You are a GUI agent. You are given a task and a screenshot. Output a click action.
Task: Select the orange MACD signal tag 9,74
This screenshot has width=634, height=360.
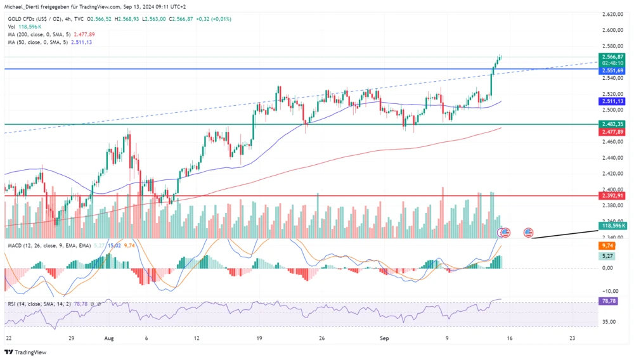[x=607, y=245]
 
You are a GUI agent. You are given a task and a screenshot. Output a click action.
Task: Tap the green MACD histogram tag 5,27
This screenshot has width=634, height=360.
[x=607, y=255]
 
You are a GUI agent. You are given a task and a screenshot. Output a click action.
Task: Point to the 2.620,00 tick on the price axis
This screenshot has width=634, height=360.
[x=613, y=13]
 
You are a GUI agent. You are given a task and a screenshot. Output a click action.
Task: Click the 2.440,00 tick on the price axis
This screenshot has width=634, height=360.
[x=613, y=157]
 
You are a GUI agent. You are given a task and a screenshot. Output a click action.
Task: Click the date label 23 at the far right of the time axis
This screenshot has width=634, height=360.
[x=573, y=339]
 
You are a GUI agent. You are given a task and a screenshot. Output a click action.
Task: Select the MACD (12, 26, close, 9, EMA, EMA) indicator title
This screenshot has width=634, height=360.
[x=49, y=245]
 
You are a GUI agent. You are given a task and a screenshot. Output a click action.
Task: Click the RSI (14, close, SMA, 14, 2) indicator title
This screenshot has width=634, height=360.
[x=42, y=304]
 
